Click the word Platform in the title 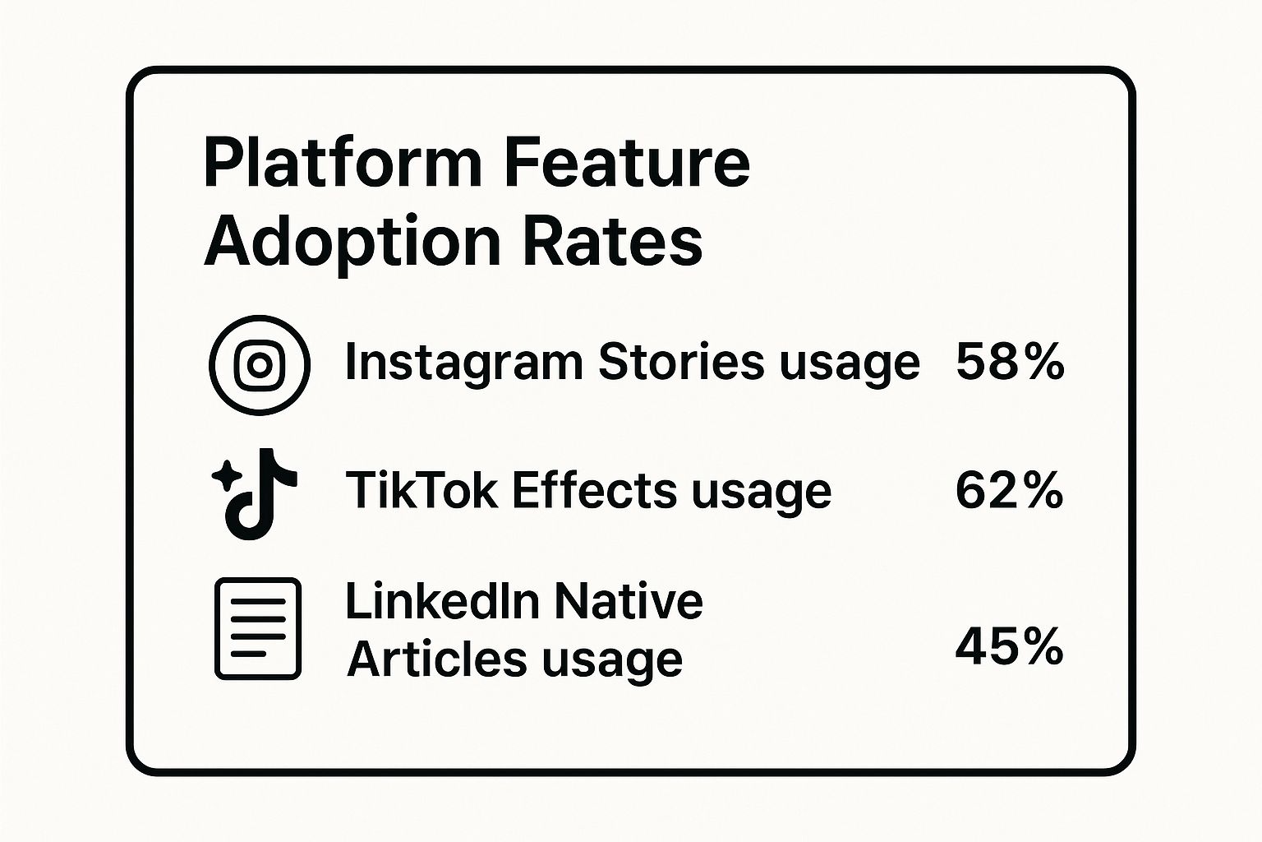pyautogui.click(x=342, y=164)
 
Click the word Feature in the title pyautogui.click(x=626, y=164)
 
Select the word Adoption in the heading pyautogui.click(x=352, y=243)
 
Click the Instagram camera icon pyautogui.click(x=260, y=364)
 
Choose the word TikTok pyautogui.click(x=421, y=491)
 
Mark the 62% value pyautogui.click(x=1009, y=491)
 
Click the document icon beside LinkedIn pyautogui.click(x=258, y=628)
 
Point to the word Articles pyautogui.click(x=436, y=659)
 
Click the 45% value pyautogui.click(x=1009, y=647)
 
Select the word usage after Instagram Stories pyautogui.click(x=850, y=363)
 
